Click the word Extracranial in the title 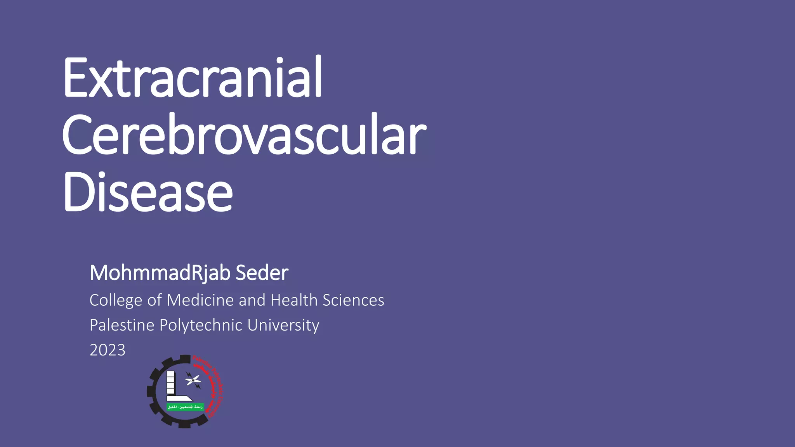(x=192, y=78)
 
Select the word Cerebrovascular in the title (x=244, y=135)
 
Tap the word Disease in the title (x=148, y=192)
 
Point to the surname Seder (x=262, y=273)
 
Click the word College (x=116, y=300)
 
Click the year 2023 (x=108, y=350)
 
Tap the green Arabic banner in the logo (x=185, y=407)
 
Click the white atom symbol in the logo (x=193, y=380)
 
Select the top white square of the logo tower (x=170, y=375)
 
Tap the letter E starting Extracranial (x=76, y=78)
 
